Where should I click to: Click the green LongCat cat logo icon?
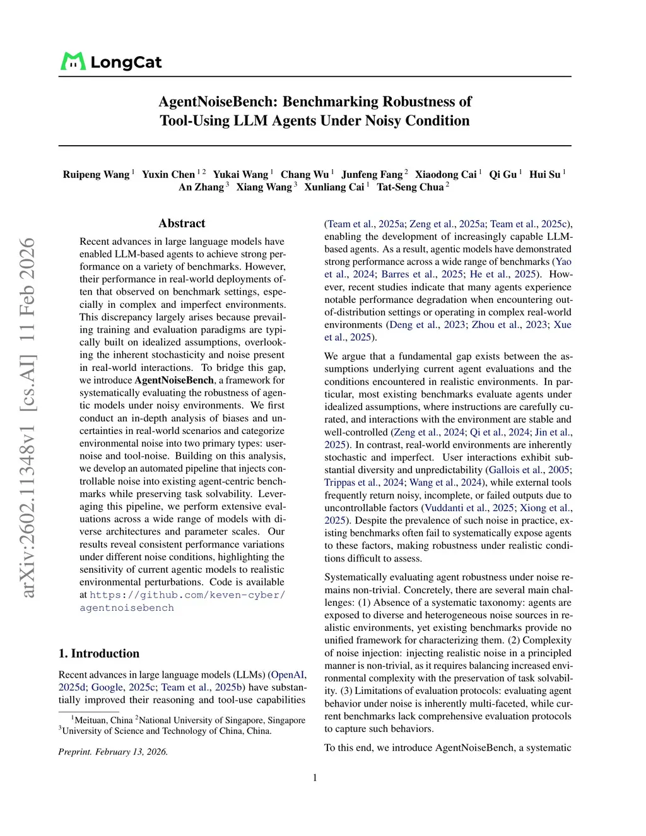click(x=73, y=61)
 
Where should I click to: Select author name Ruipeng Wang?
click(x=96, y=174)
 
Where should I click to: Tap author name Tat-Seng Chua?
click(x=410, y=187)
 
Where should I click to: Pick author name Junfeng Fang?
click(x=372, y=174)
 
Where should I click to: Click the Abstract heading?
click(x=182, y=223)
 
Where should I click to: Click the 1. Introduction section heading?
click(x=99, y=654)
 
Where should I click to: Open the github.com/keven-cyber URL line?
click(x=187, y=595)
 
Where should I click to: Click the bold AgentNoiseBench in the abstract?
click(x=174, y=380)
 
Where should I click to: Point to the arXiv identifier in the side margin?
click(x=27, y=416)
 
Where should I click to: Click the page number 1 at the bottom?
click(x=315, y=778)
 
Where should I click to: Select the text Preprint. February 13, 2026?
click(x=113, y=751)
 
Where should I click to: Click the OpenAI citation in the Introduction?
click(x=288, y=674)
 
